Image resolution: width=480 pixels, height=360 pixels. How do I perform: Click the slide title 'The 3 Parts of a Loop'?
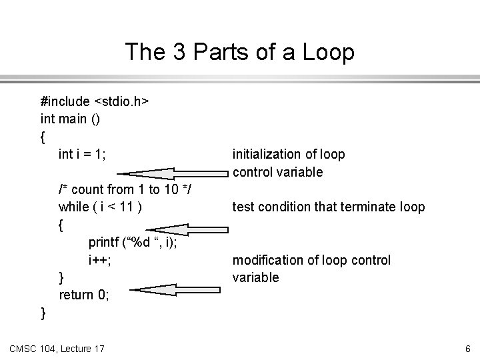(240, 53)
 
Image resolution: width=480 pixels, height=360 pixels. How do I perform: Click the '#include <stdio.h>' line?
(95, 102)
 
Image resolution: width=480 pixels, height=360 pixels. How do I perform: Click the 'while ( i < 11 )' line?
(100, 207)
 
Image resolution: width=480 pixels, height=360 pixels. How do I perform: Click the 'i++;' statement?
(100, 260)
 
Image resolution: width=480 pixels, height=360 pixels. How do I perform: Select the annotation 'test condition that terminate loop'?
(328, 207)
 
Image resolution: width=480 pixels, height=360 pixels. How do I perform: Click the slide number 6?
(468, 347)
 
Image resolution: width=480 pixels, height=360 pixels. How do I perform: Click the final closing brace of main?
(43, 312)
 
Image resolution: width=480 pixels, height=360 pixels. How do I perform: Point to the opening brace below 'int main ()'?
(43, 137)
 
